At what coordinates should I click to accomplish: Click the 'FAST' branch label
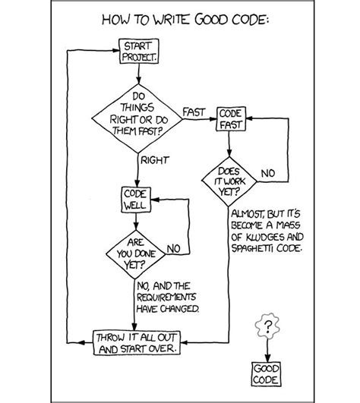(194, 112)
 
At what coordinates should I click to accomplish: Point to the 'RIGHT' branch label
(154, 159)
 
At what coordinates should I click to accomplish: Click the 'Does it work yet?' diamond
(229, 182)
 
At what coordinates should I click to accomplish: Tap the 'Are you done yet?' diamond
(135, 254)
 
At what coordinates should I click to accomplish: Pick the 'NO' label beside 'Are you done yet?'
(172, 248)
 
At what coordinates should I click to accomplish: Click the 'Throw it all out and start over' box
(137, 342)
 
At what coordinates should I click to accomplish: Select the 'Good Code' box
(267, 372)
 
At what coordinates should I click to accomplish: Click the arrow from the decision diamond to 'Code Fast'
(198, 120)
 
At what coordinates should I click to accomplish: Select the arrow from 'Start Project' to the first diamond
(137, 76)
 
